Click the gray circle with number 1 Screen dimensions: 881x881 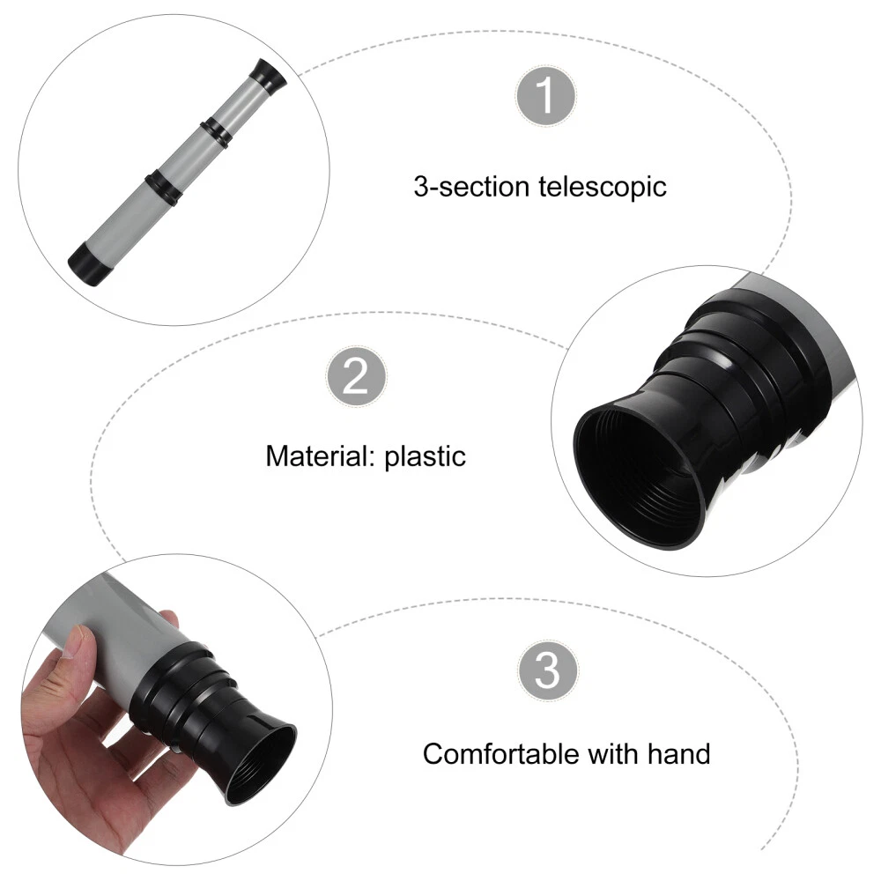[545, 95]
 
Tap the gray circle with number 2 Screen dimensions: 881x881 [356, 376]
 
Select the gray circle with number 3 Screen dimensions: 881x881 [547, 670]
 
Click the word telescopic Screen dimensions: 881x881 [603, 187]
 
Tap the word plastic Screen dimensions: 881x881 [426, 456]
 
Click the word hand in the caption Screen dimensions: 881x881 [678, 754]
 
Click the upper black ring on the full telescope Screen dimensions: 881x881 [216, 133]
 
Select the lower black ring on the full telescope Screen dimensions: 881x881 [164, 186]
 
